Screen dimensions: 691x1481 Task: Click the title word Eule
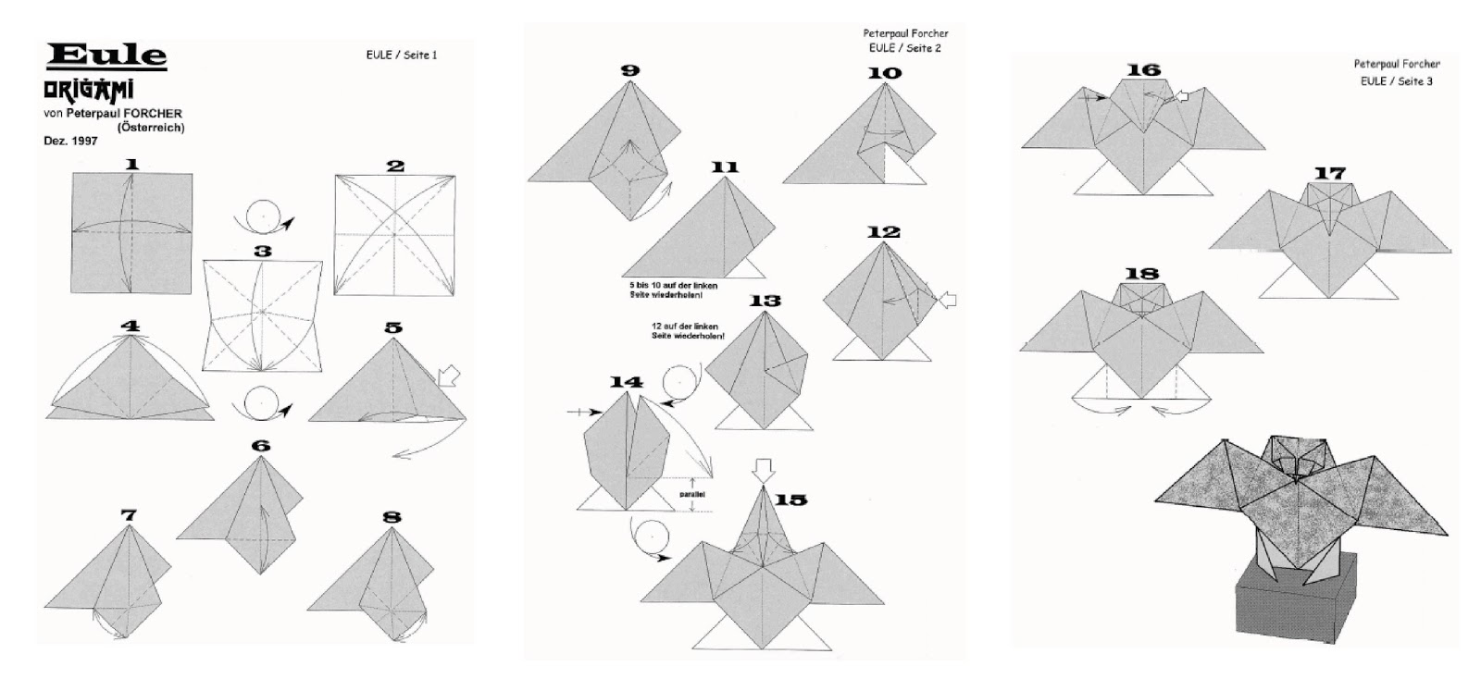106,56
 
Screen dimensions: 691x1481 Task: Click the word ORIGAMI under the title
89,91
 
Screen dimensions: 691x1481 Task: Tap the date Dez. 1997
69,142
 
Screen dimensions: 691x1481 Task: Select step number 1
131,164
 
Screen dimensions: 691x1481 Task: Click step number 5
392,327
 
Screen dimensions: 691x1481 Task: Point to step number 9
630,70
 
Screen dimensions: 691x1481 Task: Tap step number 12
883,231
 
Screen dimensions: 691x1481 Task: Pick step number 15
790,500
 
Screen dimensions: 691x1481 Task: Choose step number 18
1142,273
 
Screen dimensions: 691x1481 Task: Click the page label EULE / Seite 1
402,56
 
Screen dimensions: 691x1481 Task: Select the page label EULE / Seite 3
1396,81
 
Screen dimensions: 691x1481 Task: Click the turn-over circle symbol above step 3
263,217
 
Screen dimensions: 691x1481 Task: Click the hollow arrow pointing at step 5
448,375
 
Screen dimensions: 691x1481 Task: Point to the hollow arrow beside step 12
947,300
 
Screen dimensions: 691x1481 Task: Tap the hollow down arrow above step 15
762,470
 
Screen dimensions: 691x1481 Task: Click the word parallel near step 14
691,494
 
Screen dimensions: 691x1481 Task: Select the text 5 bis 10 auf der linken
672,285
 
